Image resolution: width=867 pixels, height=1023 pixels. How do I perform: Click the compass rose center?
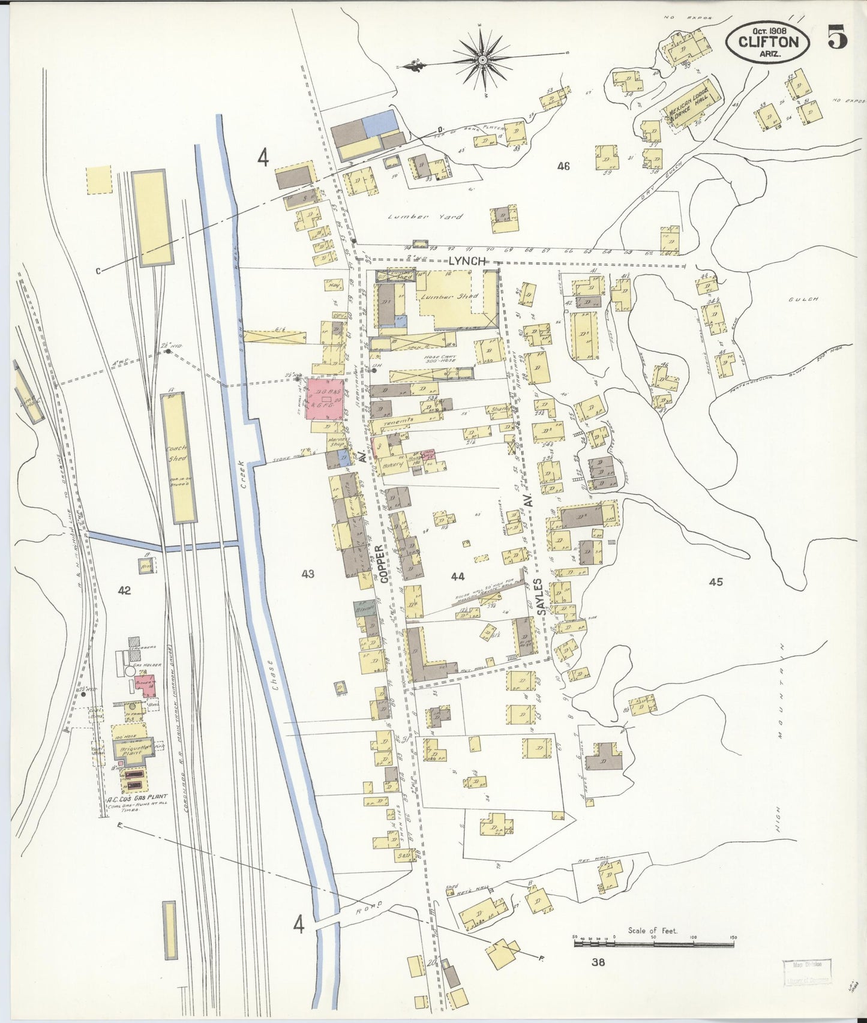pyautogui.click(x=482, y=60)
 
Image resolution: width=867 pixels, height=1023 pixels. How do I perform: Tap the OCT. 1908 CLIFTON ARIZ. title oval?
pyautogui.click(x=767, y=41)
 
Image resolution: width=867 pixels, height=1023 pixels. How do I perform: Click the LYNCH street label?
pyautogui.click(x=466, y=261)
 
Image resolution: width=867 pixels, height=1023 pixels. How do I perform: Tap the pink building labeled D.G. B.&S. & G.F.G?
pyautogui.click(x=325, y=398)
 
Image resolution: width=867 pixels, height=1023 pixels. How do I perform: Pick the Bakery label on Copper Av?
pyautogui.click(x=392, y=464)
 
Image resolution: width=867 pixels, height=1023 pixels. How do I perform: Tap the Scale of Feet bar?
pyautogui.click(x=653, y=944)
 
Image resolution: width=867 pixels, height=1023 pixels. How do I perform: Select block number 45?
pyautogui.click(x=715, y=581)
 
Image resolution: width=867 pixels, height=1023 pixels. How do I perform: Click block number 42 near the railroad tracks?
pyautogui.click(x=124, y=590)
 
